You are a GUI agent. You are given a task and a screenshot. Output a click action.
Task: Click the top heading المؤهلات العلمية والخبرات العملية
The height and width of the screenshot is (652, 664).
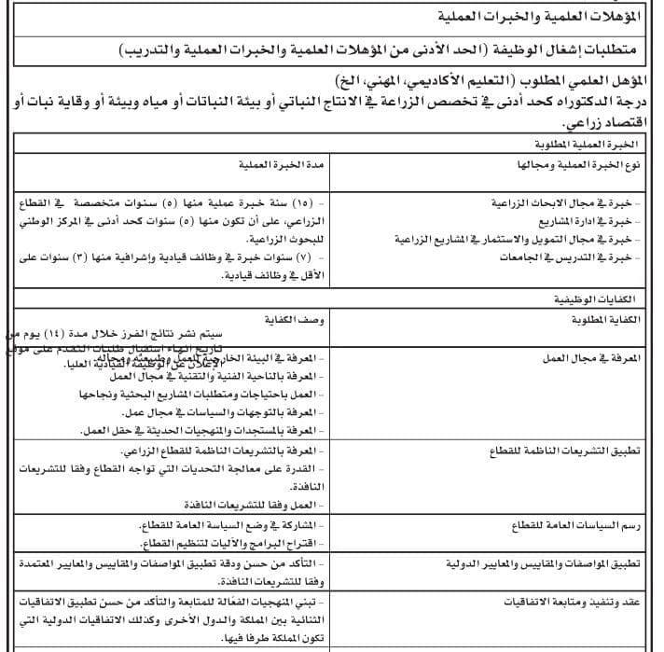(541, 17)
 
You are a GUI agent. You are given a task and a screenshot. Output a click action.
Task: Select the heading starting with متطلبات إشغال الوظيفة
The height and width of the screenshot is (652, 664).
(387, 49)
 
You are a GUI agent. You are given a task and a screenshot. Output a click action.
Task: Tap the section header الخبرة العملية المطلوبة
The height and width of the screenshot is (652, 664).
(583, 146)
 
